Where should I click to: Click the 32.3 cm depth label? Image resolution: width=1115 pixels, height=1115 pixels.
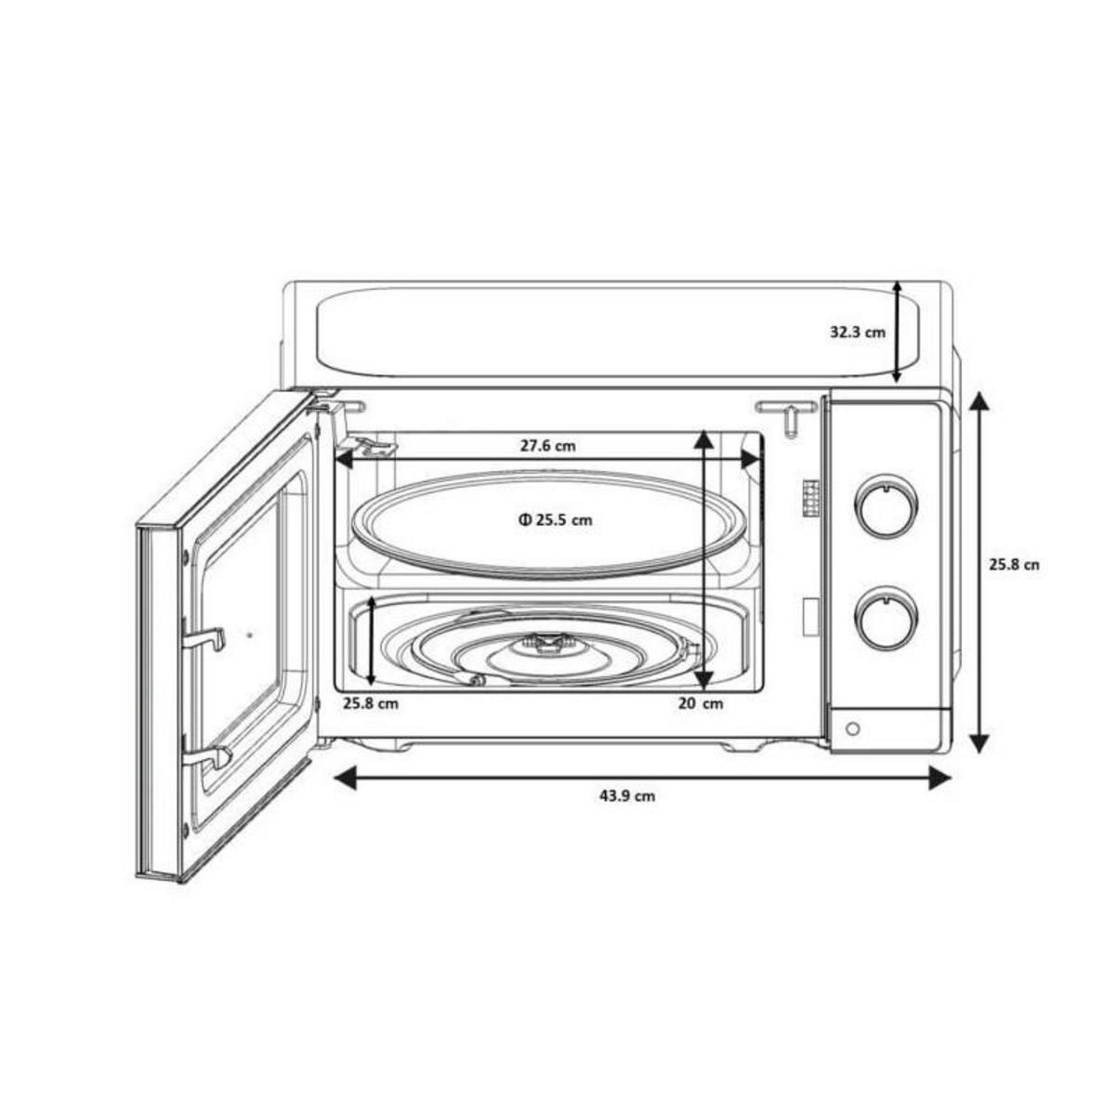pos(857,332)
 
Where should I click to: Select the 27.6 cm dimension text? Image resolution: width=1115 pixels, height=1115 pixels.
pos(547,446)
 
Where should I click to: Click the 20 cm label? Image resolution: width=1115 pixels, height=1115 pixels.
pos(700,703)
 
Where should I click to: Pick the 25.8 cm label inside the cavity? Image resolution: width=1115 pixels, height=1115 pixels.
pos(370,703)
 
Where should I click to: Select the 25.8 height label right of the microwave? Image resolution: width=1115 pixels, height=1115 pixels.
pos(1013,564)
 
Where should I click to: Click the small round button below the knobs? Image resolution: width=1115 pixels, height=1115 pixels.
pos(853,730)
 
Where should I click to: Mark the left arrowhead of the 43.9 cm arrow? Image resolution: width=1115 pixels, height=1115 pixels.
pos(342,779)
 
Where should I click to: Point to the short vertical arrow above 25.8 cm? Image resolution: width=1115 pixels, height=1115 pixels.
pos(372,641)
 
